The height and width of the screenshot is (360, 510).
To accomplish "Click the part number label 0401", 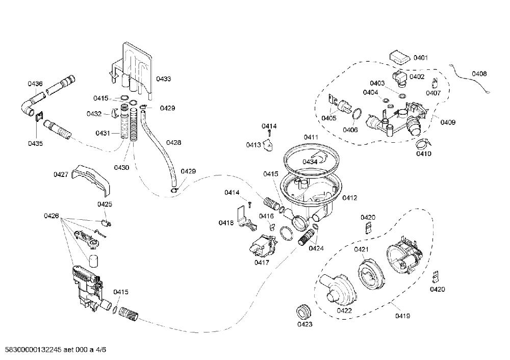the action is pyautogui.click(x=421, y=58).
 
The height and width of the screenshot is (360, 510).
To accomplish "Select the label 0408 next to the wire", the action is pyautogui.click(x=479, y=74).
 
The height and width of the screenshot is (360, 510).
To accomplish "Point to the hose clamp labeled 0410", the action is pyautogui.click(x=423, y=142).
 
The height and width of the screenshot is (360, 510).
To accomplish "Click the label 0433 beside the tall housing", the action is pyautogui.click(x=163, y=79).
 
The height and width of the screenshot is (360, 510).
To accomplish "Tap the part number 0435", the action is pyautogui.click(x=35, y=143).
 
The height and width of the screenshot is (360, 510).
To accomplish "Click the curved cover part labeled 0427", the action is pyautogui.click(x=92, y=180).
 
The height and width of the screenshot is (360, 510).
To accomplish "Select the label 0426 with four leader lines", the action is pyautogui.click(x=52, y=216).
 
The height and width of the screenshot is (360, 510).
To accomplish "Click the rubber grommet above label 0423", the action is pyautogui.click(x=303, y=312).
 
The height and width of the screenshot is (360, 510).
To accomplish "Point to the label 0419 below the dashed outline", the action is pyautogui.click(x=402, y=316).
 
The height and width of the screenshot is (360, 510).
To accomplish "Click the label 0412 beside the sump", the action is pyautogui.click(x=350, y=198).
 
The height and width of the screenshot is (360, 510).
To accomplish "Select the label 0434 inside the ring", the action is pyautogui.click(x=310, y=162).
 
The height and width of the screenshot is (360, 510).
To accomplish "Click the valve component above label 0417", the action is pyautogui.click(x=262, y=246).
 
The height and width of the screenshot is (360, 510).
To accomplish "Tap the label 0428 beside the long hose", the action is pyautogui.click(x=174, y=142).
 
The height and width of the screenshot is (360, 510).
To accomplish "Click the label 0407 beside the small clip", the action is pyautogui.click(x=433, y=93).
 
